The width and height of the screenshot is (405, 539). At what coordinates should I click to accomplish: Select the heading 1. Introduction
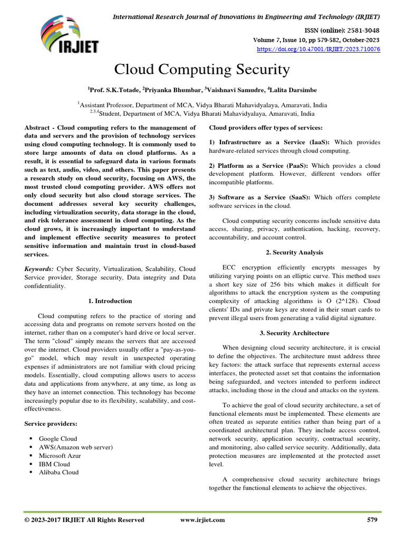click(x=110, y=301)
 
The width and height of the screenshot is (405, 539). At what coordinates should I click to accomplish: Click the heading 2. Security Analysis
click(x=295, y=253)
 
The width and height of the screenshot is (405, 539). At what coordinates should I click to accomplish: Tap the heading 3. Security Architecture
click(x=295, y=333)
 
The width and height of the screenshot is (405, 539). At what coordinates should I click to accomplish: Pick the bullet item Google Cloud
click(x=57, y=438)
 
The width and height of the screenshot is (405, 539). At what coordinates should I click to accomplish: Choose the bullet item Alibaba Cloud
click(x=59, y=472)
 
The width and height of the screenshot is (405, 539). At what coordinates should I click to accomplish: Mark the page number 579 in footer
click(x=372, y=520)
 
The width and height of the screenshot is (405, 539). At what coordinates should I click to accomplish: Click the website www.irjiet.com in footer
click(x=202, y=520)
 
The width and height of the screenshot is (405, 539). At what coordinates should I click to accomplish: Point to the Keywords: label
click(x=40, y=268)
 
